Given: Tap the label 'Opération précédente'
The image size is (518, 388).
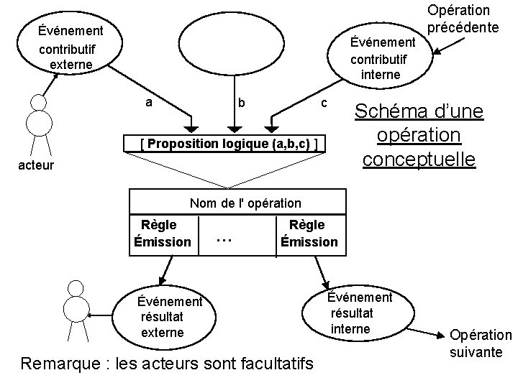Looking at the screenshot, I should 463,19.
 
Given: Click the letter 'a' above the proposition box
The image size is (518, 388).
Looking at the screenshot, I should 148,102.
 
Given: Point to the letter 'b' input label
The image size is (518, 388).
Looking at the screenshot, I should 242,103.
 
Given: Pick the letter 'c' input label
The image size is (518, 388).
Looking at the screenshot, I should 324,102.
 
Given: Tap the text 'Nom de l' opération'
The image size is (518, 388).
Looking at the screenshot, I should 245,203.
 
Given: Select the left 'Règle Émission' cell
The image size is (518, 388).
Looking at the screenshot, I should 163,234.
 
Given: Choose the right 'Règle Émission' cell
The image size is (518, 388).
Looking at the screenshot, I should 309,234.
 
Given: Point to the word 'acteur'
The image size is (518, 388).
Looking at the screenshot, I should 35,166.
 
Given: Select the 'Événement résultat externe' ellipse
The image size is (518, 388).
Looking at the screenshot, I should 171,317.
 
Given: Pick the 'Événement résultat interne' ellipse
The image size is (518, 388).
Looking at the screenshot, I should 360,313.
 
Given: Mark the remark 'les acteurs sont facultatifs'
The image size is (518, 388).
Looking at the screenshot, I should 168,364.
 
